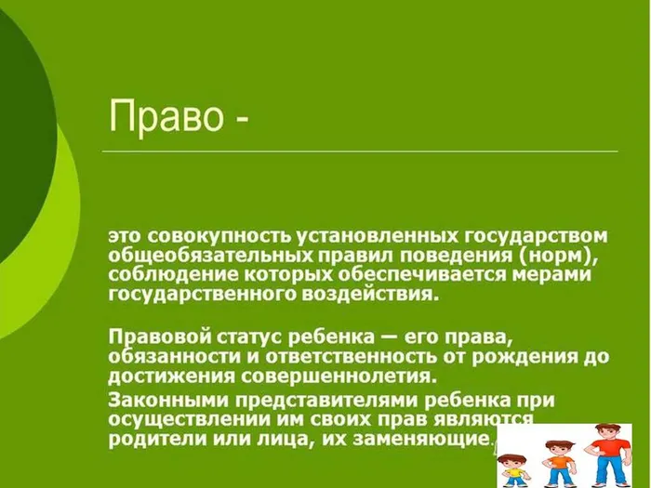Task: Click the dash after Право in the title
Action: point(240,120)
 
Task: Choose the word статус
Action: point(240,335)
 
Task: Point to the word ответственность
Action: point(352,356)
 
